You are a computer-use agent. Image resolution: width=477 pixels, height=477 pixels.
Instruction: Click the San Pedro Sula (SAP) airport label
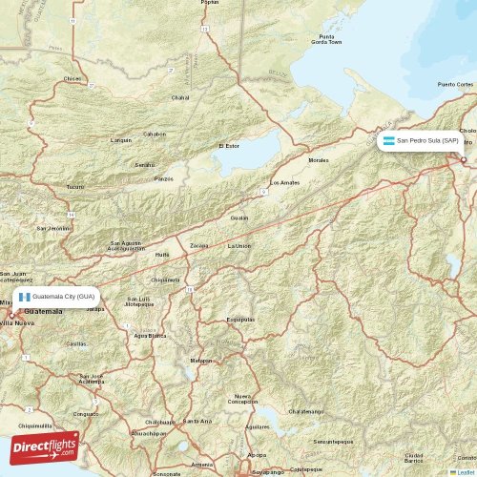point(426,140)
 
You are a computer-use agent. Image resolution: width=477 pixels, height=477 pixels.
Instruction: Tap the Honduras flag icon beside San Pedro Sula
point(389,140)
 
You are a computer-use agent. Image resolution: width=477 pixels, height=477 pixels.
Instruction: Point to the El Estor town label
point(229,146)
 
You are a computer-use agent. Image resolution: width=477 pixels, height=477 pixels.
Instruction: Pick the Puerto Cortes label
point(455,84)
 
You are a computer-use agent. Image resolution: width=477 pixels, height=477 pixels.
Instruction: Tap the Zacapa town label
point(198,245)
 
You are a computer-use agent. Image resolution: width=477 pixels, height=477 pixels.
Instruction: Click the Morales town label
point(318,160)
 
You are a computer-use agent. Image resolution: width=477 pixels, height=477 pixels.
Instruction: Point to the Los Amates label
point(284,182)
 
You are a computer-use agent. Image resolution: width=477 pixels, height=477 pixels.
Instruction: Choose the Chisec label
point(73,78)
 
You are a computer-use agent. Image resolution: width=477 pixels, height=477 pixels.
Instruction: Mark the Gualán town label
point(239,218)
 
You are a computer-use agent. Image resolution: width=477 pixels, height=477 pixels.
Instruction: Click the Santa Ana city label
point(197,420)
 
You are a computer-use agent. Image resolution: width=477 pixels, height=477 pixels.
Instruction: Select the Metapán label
point(201,361)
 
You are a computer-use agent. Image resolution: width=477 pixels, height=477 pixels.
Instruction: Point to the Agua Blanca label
point(150,335)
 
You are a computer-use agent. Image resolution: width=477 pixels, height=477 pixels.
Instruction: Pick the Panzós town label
point(165,178)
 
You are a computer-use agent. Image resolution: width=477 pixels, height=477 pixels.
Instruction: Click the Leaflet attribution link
point(465,472)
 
